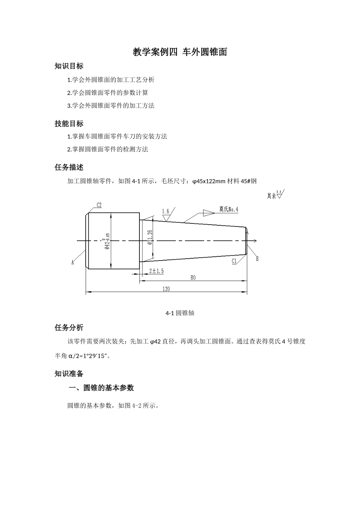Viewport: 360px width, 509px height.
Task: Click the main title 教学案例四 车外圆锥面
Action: (x=180, y=52)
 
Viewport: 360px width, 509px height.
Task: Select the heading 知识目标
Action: (x=69, y=66)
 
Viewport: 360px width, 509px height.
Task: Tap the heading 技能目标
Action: (x=69, y=123)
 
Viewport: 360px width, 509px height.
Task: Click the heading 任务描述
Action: (x=69, y=167)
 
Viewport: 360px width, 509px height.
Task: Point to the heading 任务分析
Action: (x=69, y=328)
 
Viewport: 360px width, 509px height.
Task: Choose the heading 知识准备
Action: (x=69, y=374)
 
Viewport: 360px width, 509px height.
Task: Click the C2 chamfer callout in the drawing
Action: (x=99, y=205)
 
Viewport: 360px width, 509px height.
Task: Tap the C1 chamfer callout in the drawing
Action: (x=234, y=261)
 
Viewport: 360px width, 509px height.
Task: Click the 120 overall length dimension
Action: (x=166, y=289)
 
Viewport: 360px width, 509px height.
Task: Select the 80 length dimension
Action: (x=193, y=278)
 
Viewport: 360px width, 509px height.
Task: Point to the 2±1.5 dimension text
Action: (x=156, y=271)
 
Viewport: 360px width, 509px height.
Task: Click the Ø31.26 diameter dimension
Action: (x=150, y=237)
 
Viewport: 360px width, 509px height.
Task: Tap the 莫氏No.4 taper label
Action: (x=229, y=209)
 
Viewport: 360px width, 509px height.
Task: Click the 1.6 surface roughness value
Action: (x=165, y=211)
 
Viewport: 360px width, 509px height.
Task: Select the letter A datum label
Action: (x=73, y=262)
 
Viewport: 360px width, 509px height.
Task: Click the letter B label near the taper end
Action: (x=257, y=259)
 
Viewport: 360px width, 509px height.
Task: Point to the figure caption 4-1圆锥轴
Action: (x=180, y=313)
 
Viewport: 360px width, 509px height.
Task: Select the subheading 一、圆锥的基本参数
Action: (x=101, y=388)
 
